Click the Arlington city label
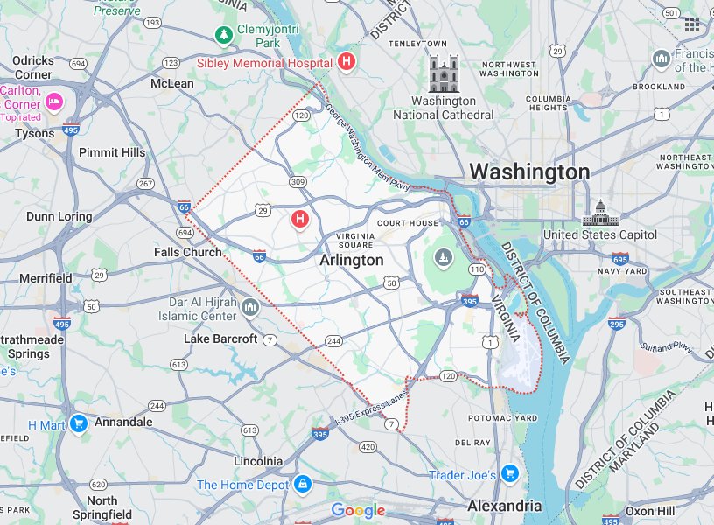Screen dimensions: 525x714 tap(351, 260)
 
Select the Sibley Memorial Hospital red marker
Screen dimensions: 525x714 tap(346, 62)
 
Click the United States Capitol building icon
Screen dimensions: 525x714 tap(600, 213)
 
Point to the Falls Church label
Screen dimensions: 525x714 tap(187, 252)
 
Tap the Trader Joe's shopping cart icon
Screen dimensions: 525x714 tap(509, 474)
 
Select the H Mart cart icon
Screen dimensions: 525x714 tap(79, 424)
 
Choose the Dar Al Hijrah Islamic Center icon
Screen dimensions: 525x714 tap(251, 307)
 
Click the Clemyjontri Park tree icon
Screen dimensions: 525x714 tap(225, 35)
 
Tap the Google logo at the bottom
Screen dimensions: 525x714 tap(358, 511)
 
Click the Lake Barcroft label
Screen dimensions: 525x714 tap(220, 339)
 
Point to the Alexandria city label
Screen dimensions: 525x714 tap(504, 506)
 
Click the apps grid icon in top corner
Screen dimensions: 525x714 tap(692, 24)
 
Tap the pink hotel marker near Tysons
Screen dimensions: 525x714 tap(54, 101)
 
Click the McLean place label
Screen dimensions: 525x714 tap(172, 83)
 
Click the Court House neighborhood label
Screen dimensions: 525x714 tap(408, 223)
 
